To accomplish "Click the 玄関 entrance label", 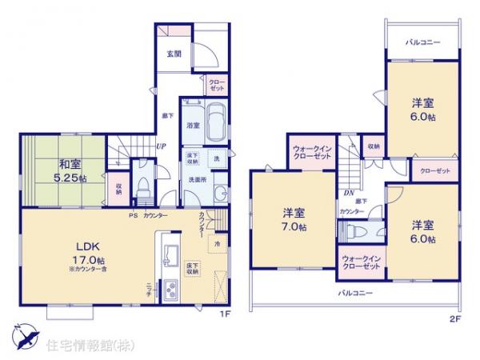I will coord(174,54).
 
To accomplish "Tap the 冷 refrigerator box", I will coord(216,241).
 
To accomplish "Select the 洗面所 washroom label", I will coord(198,180).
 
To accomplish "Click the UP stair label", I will coord(161,146).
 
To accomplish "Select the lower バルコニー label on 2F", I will coord(354,294).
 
